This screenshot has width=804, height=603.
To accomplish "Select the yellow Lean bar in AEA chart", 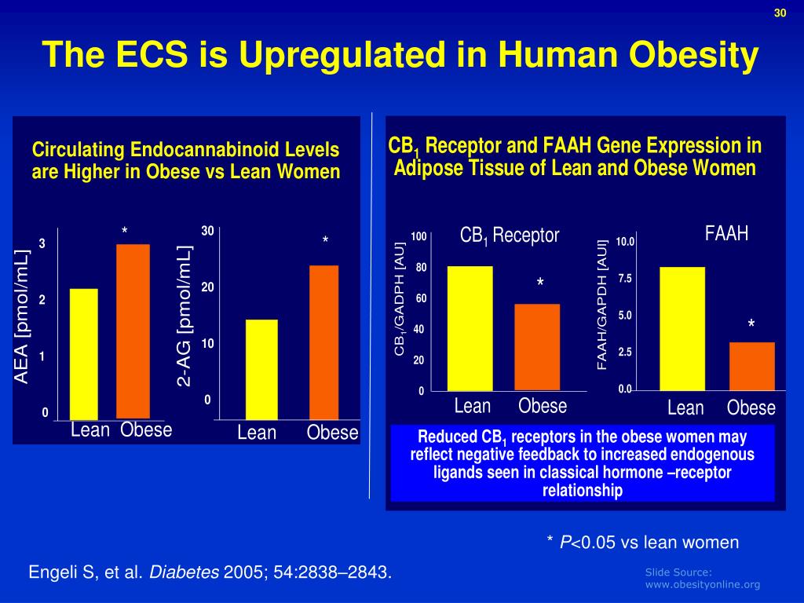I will tap(84, 354).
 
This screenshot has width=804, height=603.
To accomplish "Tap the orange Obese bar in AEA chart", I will tap(133, 331).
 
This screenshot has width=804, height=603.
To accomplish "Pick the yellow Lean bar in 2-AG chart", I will tap(261, 369).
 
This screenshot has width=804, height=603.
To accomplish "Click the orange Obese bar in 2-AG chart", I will tap(324, 342).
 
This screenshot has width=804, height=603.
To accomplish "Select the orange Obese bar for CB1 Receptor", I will tap(537, 347).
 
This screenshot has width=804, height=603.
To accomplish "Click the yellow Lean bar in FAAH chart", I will tap(682, 328).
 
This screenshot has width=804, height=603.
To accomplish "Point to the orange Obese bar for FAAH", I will tap(752, 366).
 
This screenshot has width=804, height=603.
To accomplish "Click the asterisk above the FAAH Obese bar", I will tap(751, 324).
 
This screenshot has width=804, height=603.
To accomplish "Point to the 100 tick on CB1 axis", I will tap(418, 237).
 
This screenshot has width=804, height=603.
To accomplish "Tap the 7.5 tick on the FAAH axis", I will tap(625, 279).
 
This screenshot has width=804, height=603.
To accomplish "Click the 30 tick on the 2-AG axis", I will tap(207, 231).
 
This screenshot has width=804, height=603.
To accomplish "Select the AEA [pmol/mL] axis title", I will tap(22, 316).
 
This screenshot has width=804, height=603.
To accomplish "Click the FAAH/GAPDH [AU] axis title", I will tap(603, 305).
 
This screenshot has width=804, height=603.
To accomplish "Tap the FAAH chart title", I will tap(726, 233).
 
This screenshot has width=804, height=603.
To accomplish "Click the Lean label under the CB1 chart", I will tap(473, 406).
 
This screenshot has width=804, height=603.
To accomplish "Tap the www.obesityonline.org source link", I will tap(702, 584).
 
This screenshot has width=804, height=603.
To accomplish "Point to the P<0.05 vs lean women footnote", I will tap(643, 542).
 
